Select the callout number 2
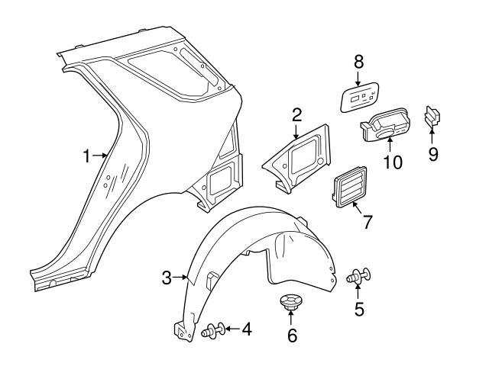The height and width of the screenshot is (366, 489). coord(296,115)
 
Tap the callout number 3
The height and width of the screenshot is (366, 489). coord(167,278)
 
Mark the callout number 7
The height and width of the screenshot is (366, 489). coord(367,223)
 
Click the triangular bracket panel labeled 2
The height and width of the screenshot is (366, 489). coord(298,158)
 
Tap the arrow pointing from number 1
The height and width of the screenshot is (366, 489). coord(100,156)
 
